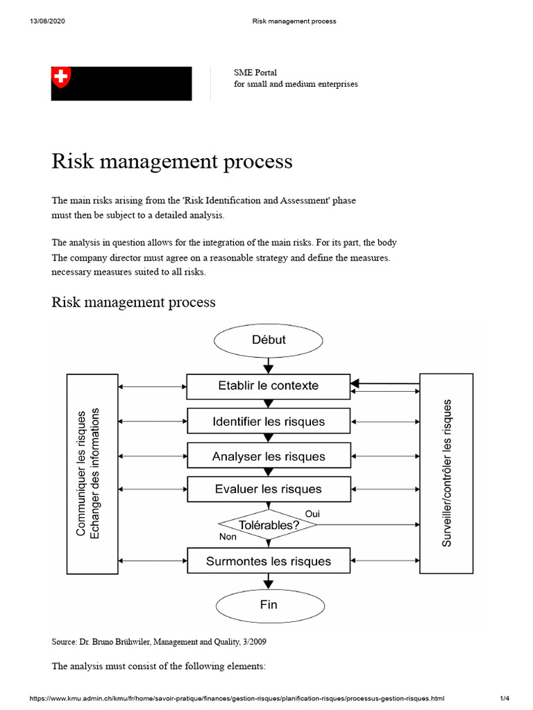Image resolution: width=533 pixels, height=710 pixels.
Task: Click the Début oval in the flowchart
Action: coord(269,340)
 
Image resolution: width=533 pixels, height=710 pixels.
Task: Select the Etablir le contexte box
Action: coord(269,386)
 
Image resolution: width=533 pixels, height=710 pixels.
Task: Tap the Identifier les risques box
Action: coord(269,422)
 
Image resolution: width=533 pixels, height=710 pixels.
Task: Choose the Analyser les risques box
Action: coord(269,456)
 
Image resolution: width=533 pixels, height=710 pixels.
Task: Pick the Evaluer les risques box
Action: coord(269,489)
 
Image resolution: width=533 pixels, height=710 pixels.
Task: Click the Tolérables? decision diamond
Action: coord(268,525)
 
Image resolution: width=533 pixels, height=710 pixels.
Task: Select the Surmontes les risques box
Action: coord(269,561)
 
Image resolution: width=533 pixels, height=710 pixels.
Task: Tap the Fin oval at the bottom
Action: coord(269,604)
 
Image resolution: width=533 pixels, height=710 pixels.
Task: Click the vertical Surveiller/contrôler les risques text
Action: coord(447,472)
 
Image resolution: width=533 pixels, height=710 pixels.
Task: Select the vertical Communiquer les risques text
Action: coord(81,472)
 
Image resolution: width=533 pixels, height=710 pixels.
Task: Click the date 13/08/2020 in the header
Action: coord(46,21)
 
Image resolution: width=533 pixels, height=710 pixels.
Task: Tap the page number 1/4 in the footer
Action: coord(505,699)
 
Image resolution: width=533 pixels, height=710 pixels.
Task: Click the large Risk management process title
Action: coord(172,162)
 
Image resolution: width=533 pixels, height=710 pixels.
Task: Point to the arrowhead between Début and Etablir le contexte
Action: coord(269,367)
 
